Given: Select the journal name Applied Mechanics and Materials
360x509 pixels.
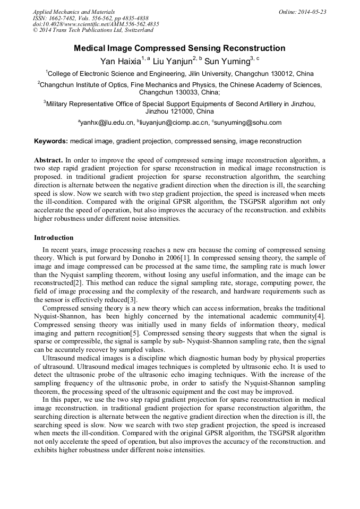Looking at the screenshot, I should (74, 12).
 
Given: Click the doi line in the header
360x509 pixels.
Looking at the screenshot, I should (96, 24).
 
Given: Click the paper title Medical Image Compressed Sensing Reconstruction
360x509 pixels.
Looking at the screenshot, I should (179, 48).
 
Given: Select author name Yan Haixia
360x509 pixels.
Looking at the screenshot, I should (122, 62).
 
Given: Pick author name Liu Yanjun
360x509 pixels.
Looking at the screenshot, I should (172, 62).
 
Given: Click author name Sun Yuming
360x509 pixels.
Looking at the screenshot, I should (227, 62).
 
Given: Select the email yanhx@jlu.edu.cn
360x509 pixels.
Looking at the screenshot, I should (107, 123).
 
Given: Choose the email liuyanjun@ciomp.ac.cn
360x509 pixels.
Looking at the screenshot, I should (174, 123).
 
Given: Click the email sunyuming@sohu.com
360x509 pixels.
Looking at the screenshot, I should (248, 123).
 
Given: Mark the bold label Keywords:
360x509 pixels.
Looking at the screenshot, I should (51, 142).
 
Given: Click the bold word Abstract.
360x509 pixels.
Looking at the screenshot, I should (48, 160).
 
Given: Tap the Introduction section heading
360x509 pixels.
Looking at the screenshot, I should (54, 238).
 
